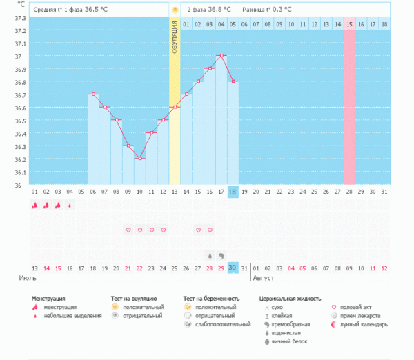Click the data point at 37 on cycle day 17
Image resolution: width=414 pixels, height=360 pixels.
coord(221,56)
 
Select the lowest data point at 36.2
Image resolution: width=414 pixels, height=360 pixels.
coord(140,159)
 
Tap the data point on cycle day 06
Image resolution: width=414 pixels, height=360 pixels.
coord(93,94)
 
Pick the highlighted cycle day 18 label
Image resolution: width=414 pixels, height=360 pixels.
coord(233,192)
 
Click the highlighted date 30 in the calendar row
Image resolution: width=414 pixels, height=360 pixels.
coord(233,268)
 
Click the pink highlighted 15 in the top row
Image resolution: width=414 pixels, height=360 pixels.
coord(350,24)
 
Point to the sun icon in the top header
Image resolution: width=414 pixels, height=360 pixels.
coord(175,10)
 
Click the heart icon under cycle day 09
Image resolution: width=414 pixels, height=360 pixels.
coord(128,230)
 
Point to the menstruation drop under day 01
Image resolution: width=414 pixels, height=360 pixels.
coord(34,205)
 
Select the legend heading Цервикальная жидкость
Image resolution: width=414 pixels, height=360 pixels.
coord(290,298)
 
